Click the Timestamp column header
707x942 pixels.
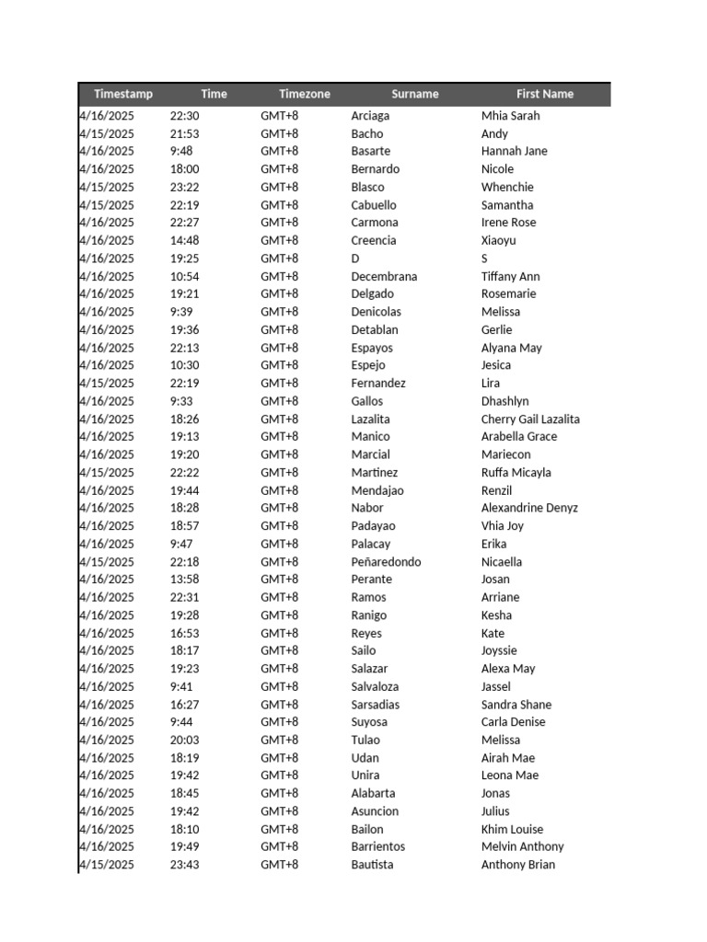point(123,94)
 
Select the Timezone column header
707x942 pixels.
point(304,94)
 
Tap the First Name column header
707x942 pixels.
point(544,94)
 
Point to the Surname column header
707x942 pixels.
point(414,94)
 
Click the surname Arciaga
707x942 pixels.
point(370,116)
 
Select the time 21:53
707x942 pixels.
point(184,133)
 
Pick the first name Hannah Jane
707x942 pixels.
point(514,151)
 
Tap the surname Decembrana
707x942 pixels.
point(384,276)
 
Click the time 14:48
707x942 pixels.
point(184,240)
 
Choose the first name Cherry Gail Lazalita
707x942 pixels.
point(530,419)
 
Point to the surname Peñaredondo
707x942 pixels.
point(386,561)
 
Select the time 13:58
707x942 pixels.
point(184,579)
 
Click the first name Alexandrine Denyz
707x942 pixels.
point(529,508)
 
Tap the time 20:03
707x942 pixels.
point(184,740)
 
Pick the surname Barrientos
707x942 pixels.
point(377,846)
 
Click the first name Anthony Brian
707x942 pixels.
point(517,865)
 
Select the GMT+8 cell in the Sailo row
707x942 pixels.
point(279,650)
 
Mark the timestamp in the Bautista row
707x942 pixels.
point(107,865)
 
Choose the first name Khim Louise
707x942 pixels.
point(512,829)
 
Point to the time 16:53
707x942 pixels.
point(184,633)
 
